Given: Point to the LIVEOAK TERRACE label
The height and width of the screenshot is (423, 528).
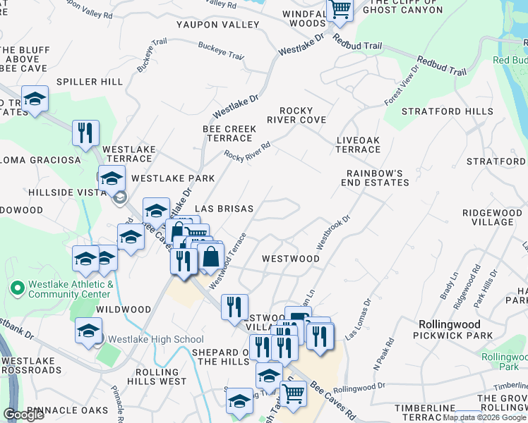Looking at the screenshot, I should (x=358, y=145).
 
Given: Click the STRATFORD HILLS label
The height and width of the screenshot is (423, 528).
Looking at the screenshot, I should (x=447, y=111).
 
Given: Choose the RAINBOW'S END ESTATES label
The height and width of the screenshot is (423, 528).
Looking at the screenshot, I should (x=378, y=178).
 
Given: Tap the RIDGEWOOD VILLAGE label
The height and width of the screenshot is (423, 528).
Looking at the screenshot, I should (x=488, y=216).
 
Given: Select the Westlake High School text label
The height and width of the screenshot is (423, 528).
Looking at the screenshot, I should (x=156, y=340).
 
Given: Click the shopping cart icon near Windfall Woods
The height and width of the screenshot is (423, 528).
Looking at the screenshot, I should (x=340, y=11).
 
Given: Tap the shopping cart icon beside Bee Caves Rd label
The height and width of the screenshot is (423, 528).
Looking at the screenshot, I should (x=293, y=393).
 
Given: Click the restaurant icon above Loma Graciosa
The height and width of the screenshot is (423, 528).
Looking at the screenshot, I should (x=85, y=132).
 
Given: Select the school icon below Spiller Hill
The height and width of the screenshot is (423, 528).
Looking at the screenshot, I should (x=35, y=99).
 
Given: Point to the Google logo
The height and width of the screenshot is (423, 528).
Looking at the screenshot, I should (x=24, y=415).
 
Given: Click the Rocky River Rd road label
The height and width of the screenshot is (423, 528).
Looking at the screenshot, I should (x=248, y=151).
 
